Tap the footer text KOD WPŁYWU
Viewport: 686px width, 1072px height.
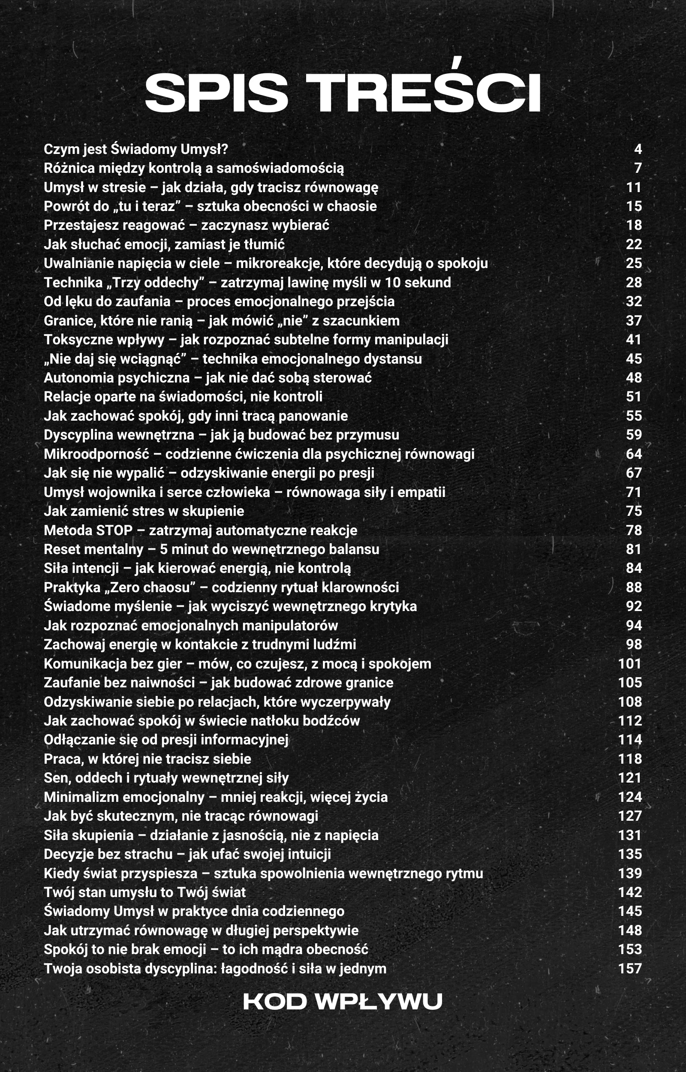(x=343, y=1002)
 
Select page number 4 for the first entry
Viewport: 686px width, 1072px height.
(x=638, y=149)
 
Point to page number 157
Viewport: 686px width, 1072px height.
(x=630, y=968)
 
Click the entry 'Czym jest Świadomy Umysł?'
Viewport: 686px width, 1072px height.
(x=136, y=149)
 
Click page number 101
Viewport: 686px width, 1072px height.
(x=630, y=664)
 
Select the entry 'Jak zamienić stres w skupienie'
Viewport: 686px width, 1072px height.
(x=144, y=511)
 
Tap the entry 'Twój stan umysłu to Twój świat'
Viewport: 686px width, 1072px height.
(x=145, y=892)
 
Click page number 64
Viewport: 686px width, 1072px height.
(x=633, y=454)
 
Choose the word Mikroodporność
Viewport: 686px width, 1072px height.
(x=96, y=454)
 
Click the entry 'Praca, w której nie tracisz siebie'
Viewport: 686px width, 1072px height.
(x=147, y=759)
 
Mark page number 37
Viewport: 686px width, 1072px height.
(x=633, y=321)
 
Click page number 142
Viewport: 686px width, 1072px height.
(x=630, y=892)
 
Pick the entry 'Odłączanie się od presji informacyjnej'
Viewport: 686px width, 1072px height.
(x=166, y=739)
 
